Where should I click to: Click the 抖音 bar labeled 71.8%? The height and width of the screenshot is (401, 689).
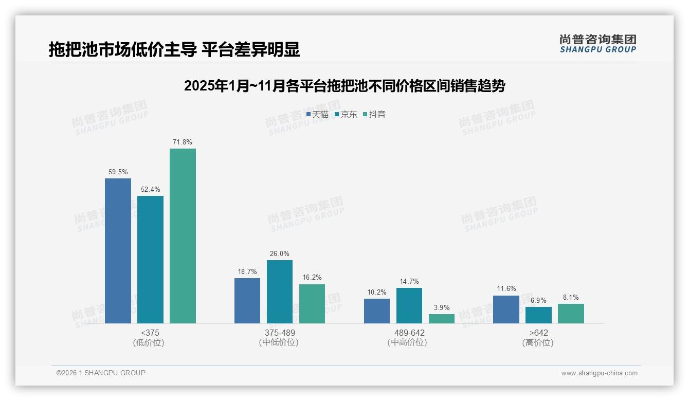pos(183,236)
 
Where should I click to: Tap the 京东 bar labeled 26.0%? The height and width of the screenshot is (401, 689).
pos(280,291)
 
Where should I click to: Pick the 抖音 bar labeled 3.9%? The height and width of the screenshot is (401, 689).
pos(442,319)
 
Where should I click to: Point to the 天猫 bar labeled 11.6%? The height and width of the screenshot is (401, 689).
pos(506,309)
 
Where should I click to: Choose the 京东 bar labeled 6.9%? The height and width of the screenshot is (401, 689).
pos(538,315)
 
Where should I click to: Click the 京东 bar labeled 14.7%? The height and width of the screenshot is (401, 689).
pos(409,305)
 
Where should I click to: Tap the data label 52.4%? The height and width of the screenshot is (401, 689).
pos(150,190)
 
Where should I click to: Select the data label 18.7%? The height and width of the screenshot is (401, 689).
pos(247,272)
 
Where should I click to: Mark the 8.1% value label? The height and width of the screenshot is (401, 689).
pos(571,297)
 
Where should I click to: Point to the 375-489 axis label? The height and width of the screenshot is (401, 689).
pos(280,333)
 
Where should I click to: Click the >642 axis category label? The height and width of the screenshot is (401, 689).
pos(538,333)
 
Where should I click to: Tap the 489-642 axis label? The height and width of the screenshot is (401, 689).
pos(409,333)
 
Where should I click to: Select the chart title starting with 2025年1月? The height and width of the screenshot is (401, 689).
pos(344,86)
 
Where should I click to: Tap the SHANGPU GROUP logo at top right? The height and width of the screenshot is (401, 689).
pos(597,44)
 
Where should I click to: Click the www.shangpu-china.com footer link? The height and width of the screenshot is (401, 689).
pos(599,373)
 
